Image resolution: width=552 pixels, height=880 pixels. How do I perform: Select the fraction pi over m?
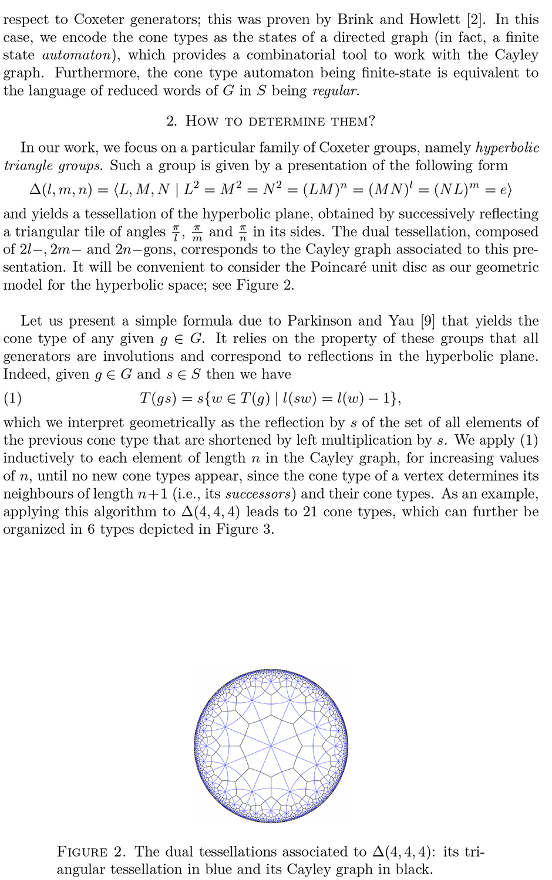click(197, 233)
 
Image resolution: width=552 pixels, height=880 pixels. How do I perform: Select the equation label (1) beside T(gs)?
click(12, 399)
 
